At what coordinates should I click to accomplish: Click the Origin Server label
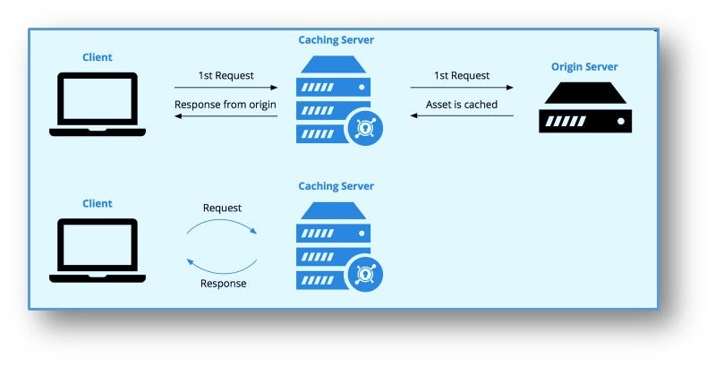(x=583, y=67)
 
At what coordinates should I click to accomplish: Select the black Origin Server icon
(x=584, y=108)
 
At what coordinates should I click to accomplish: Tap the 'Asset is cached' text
(x=462, y=105)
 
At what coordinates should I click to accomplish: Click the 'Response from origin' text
(x=226, y=105)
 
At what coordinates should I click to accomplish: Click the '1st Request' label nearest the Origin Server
(x=462, y=76)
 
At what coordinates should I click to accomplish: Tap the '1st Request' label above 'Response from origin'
(x=226, y=76)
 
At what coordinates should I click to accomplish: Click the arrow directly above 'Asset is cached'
(x=462, y=88)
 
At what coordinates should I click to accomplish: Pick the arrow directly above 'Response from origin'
(x=226, y=88)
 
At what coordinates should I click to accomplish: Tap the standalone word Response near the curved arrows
(x=223, y=283)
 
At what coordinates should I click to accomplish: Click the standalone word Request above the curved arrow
(x=223, y=208)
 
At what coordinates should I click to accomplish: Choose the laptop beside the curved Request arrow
(x=98, y=250)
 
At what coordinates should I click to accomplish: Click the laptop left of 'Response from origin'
(x=98, y=104)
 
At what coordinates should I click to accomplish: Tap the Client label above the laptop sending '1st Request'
(x=98, y=57)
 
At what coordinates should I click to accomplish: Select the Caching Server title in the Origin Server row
(x=336, y=40)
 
